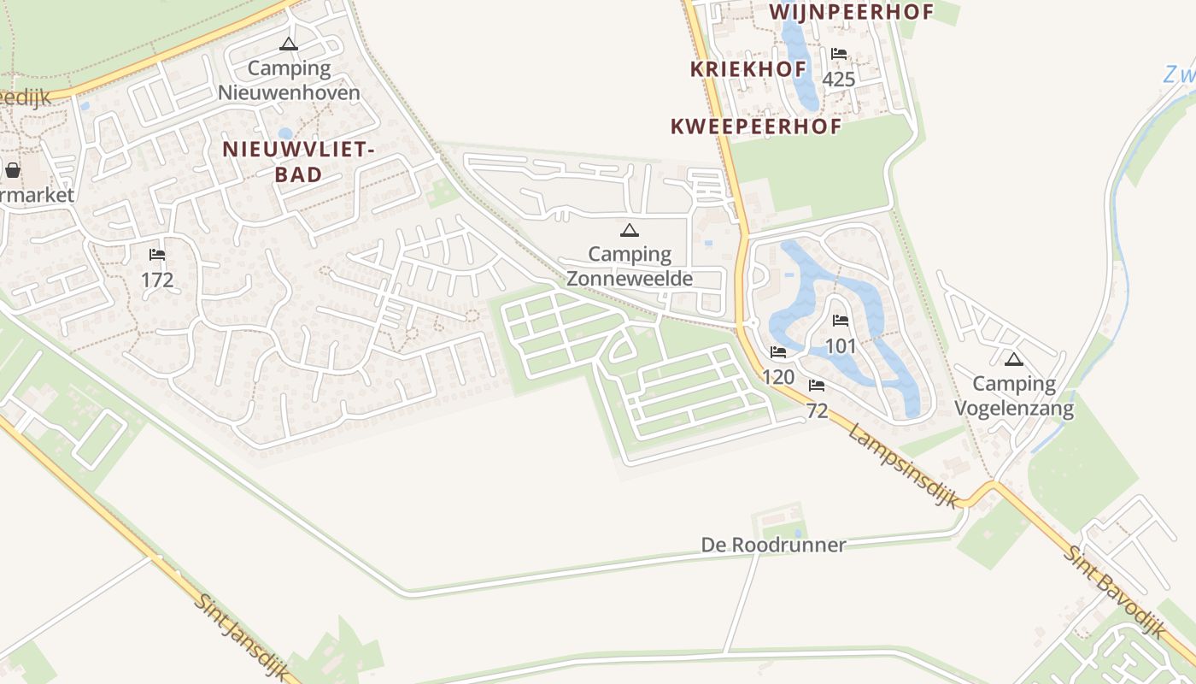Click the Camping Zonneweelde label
[x=630, y=266]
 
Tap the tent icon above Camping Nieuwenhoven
[x=289, y=44]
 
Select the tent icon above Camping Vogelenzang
[x=1014, y=359]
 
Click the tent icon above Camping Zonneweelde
[x=630, y=230]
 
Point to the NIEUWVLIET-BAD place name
[x=298, y=162]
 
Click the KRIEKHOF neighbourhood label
[x=748, y=69]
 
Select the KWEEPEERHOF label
[x=756, y=127]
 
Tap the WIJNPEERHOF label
[x=852, y=12]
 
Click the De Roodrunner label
[x=773, y=545]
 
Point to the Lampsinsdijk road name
[x=904, y=466]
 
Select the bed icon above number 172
[x=156, y=255]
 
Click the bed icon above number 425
[x=839, y=54]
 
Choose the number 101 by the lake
[x=841, y=346]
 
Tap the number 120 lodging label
[x=777, y=377]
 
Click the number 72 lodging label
[x=817, y=411]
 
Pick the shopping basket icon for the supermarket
[x=13, y=169]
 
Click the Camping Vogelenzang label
[x=1014, y=396]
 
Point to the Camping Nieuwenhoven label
[x=289, y=80]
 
